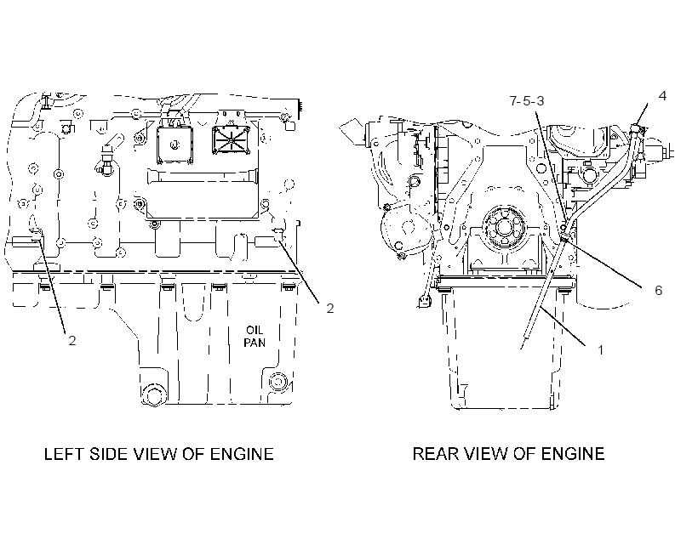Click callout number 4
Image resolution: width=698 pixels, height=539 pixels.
point(662,95)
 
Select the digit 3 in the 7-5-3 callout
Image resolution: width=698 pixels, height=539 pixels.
point(540,101)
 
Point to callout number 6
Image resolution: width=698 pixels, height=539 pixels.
point(658,291)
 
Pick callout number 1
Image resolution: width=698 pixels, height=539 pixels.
point(600,350)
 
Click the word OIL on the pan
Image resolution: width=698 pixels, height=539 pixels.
point(255,330)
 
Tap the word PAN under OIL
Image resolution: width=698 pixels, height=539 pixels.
point(255,343)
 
